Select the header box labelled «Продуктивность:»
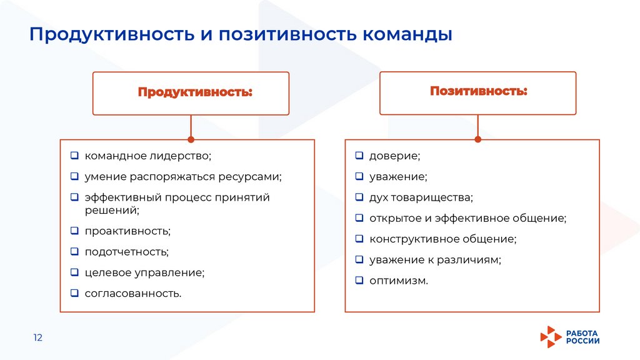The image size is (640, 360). tap(191, 93)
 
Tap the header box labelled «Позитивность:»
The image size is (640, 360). tap(478, 92)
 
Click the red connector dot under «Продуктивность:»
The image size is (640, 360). tap(191, 139)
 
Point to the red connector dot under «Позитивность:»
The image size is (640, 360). tap(478, 139)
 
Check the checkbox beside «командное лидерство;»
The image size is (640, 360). tap(74, 155)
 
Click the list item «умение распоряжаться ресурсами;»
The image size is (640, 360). tap(183, 176)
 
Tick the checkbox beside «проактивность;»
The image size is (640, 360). tap(74, 231)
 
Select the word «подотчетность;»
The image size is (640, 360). tap(127, 252)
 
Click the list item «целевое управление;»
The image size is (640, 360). tap(144, 272)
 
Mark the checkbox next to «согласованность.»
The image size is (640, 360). tap(74, 292)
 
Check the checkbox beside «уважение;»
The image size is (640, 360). tap(359, 177)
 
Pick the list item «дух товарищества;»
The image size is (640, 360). tap(421, 197)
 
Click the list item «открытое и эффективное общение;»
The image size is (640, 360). tap(467, 218)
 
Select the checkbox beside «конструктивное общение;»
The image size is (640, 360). tap(359, 239)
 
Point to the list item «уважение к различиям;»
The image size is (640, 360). tap(435, 259)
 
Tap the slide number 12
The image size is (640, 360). tap(37, 337)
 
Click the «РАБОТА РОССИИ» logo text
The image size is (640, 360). tap(582, 337)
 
